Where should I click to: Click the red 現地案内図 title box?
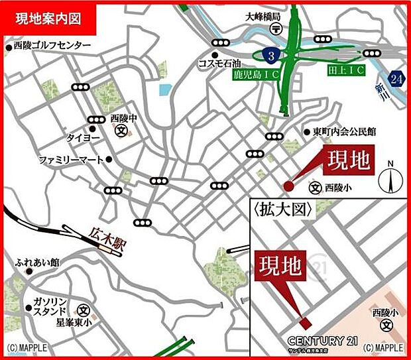(x=48, y=19)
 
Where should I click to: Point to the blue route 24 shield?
(x=396, y=78)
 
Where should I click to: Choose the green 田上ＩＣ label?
(x=344, y=68)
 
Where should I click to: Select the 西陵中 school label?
(x=123, y=118)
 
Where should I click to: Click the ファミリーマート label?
(x=71, y=160)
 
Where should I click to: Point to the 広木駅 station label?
(x=107, y=239)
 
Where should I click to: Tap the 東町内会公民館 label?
(x=344, y=132)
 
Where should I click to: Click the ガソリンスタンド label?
(x=50, y=305)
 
